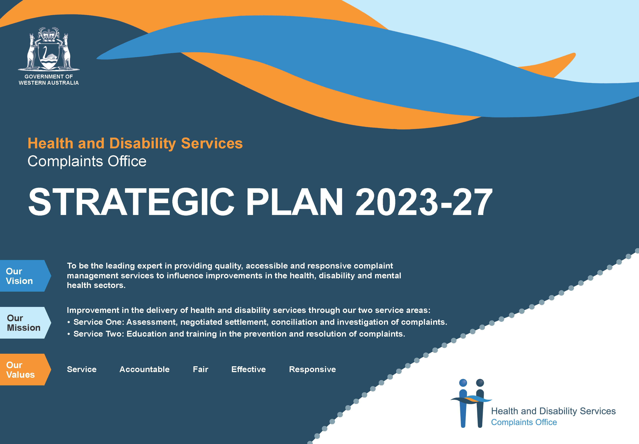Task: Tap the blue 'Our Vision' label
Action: click(x=25, y=276)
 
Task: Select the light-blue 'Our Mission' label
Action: click(x=25, y=323)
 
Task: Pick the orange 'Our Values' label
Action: click(x=25, y=369)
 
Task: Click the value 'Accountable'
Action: click(x=144, y=369)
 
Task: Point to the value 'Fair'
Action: click(x=200, y=369)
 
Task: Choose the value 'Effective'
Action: click(x=248, y=369)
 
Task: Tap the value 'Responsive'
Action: click(x=312, y=369)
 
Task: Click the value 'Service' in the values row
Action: click(x=82, y=369)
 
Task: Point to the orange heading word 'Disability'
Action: click(x=142, y=144)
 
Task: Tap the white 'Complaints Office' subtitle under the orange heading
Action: click(x=87, y=161)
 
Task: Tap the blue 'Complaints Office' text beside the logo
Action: click(x=524, y=422)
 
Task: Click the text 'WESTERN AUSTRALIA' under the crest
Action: click(x=49, y=83)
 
